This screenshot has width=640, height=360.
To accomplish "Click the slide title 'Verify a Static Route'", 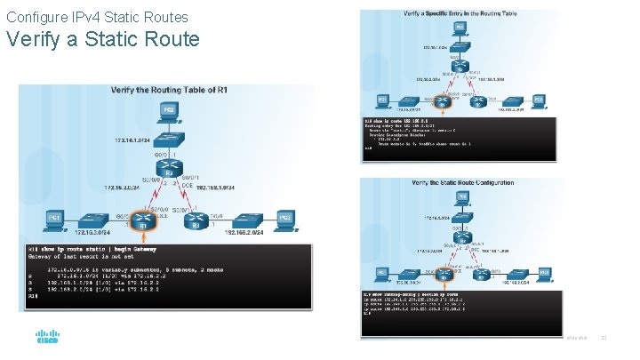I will click(x=103, y=40).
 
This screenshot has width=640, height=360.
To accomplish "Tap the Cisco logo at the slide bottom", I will click(x=47, y=339).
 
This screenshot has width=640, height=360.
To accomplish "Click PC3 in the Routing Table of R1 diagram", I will click(x=284, y=219).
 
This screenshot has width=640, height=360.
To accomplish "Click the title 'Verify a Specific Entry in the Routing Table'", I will click(x=460, y=15).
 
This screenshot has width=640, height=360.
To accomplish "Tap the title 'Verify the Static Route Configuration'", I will click(x=462, y=183).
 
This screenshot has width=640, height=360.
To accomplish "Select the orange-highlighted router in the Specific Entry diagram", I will click(x=444, y=100).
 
